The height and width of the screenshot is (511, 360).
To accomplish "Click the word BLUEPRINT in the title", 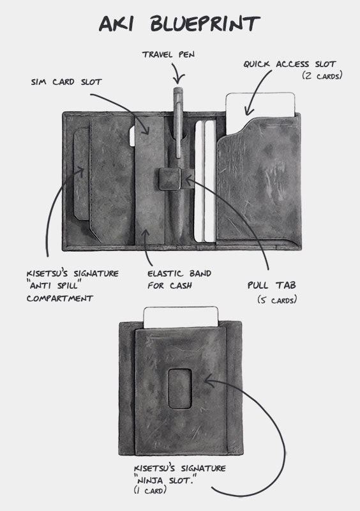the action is click(x=205, y=24).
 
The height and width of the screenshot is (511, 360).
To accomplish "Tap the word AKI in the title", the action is click(x=116, y=24).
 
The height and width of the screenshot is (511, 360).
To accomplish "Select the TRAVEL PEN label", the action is click(x=168, y=54).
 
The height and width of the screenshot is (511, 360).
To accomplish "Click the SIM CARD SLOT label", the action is click(x=66, y=82).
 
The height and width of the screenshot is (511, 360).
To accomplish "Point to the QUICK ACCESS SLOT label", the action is click(x=289, y=64).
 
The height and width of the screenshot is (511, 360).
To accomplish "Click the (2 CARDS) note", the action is click(x=322, y=76).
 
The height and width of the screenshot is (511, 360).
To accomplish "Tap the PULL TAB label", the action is click(x=272, y=285).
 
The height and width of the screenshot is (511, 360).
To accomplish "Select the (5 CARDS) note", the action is click(x=277, y=300).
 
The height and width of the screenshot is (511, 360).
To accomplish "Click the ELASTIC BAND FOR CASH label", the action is click(x=179, y=279).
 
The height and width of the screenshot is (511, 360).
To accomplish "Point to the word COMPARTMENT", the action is click(x=60, y=298).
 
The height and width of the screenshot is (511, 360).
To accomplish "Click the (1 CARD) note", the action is click(x=150, y=490).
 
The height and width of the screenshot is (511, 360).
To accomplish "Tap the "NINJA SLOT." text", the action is click(x=163, y=480).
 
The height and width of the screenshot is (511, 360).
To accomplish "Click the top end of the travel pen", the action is click(x=177, y=89).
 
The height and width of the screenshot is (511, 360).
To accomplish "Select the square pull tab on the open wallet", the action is click(x=170, y=179).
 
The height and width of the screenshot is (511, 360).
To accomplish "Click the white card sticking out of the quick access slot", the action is click(x=260, y=111).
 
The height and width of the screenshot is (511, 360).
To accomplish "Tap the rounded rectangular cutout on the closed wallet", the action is click(x=179, y=388).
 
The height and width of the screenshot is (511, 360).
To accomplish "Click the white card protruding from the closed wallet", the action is click(x=181, y=317).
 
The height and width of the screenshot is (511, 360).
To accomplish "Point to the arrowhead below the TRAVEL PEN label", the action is click(x=179, y=79).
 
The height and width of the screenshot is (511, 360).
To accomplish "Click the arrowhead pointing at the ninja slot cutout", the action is click(x=210, y=380).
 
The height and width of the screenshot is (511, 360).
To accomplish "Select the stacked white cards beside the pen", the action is click(x=206, y=181).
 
